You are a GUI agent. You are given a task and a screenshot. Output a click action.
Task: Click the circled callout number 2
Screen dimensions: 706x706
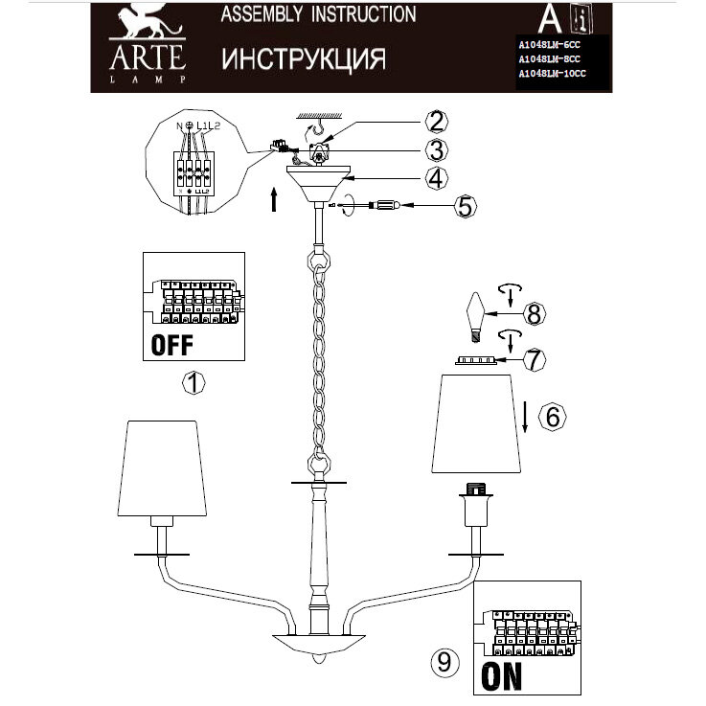coord(436,122)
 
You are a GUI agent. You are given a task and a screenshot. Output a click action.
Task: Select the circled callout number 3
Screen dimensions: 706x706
coord(436,149)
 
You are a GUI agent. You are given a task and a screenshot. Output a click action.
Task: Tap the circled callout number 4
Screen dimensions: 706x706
coord(436,177)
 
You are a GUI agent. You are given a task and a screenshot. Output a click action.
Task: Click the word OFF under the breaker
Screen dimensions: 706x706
coord(172,344)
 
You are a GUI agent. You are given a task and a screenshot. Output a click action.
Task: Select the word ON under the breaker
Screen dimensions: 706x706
coord(502,675)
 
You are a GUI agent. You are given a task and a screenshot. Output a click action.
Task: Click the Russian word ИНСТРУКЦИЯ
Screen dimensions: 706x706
coord(304,59)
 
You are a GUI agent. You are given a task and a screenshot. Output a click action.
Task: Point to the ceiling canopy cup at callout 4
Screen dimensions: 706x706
coord(321,183)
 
